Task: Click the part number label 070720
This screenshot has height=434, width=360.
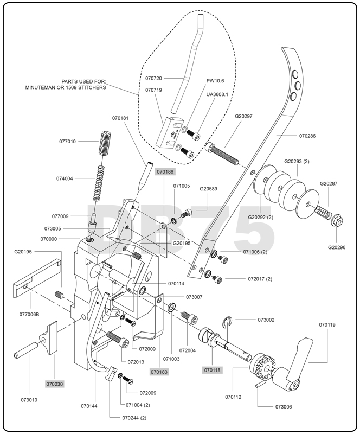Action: pyautogui.click(x=154, y=78)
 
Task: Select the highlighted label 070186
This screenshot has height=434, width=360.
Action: pyautogui.click(x=165, y=171)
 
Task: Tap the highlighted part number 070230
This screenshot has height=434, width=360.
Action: pyautogui.click(x=55, y=384)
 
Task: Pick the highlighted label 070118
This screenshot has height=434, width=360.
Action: pyautogui.click(x=212, y=370)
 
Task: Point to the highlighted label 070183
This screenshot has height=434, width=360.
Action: pyautogui.click(x=159, y=372)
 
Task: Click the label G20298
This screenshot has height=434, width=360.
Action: pyautogui.click(x=337, y=247)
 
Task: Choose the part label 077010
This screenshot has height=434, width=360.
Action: pyautogui.click(x=67, y=141)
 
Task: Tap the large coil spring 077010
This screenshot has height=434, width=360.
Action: pyautogui.click(x=103, y=143)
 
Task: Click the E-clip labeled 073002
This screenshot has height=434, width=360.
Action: pyautogui.click(x=231, y=324)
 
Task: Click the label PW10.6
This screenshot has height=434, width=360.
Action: pyautogui.click(x=215, y=81)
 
